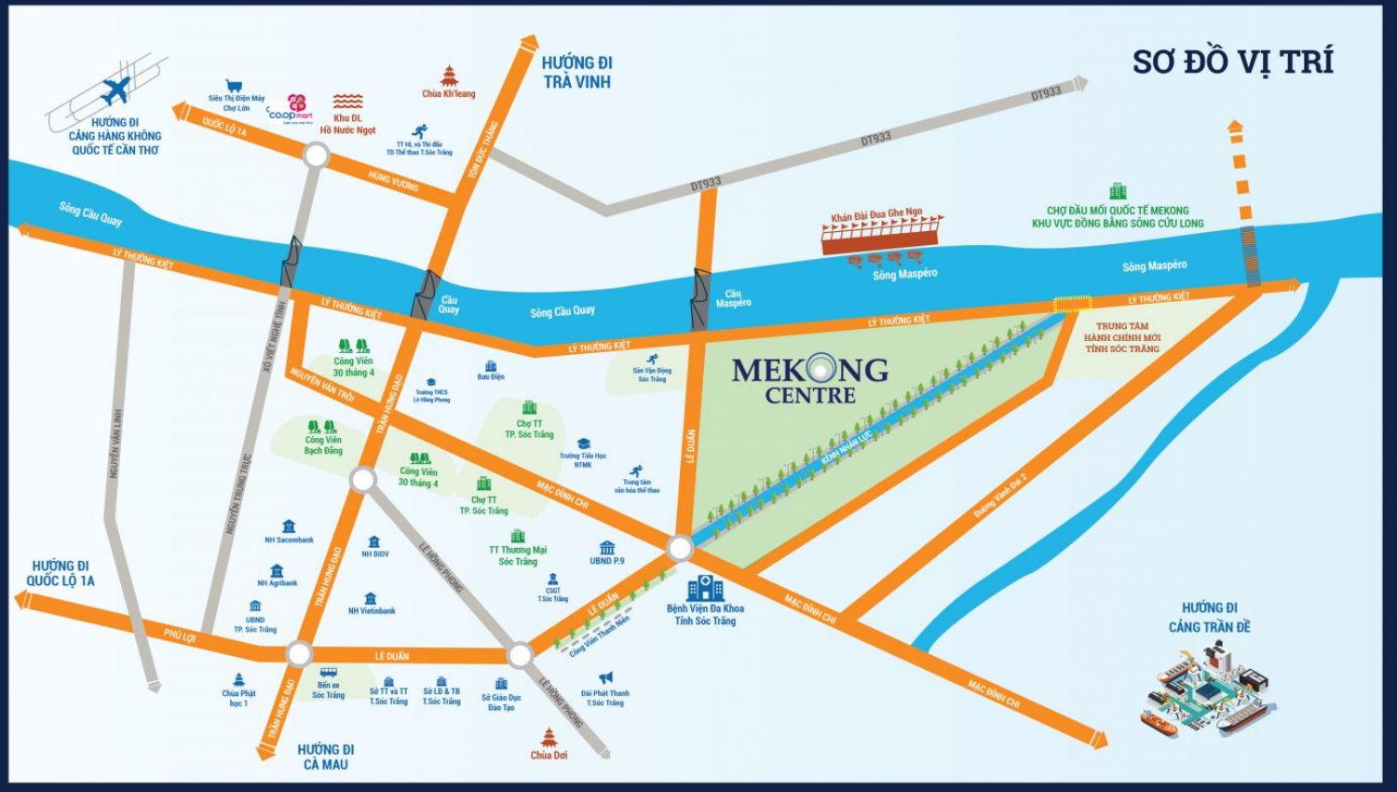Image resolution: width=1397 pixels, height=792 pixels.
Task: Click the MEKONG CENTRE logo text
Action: point(809,379)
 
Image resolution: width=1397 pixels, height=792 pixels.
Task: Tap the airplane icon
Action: point(116,92)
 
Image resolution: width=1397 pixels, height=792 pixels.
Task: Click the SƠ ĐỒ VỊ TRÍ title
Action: point(1232,61)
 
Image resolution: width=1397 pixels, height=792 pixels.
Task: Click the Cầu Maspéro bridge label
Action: point(733,298)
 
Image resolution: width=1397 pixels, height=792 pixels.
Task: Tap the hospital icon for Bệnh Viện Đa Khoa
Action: point(705,588)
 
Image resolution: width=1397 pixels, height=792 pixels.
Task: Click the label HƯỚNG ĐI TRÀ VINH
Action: point(576,72)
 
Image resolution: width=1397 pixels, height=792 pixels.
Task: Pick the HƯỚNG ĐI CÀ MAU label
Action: point(325,756)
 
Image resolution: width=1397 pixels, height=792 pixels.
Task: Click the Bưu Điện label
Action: point(490,376)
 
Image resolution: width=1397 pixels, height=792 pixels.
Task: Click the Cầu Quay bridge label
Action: point(449,305)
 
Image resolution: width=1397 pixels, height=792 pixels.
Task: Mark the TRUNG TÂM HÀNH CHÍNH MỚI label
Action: point(1121,337)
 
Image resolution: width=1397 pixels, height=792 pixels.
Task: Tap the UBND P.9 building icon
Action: point(607,547)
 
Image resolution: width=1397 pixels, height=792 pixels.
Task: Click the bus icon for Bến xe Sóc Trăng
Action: point(328,673)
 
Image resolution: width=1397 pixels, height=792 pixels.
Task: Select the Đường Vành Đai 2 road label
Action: point(999,496)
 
